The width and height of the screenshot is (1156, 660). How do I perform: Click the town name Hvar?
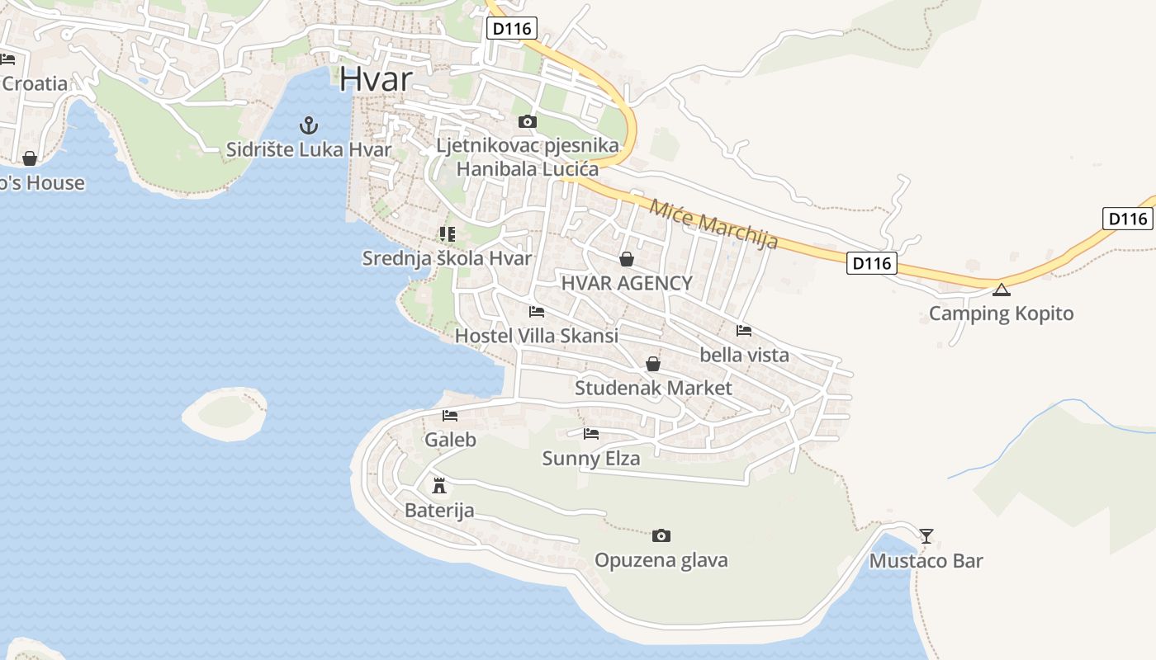(x=375, y=78)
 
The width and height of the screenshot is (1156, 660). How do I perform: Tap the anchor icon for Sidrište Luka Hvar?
(x=308, y=126)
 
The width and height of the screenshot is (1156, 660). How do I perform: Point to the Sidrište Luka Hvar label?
(x=308, y=149)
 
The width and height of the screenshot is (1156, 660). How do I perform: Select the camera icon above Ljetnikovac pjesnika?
(x=527, y=122)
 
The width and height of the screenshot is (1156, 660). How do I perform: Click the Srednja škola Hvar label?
(x=447, y=258)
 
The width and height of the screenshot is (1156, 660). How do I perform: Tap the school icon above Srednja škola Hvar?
(x=447, y=234)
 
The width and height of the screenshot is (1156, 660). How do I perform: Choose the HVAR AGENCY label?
(x=627, y=283)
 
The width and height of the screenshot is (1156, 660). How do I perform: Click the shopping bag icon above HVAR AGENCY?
(x=627, y=260)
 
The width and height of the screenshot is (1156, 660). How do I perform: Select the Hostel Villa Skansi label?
(x=537, y=336)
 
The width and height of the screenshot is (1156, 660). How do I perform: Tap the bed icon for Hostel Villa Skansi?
(x=537, y=312)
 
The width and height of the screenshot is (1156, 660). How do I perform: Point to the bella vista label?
(x=744, y=355)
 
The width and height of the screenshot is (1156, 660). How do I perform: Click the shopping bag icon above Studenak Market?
(x=653, y=364)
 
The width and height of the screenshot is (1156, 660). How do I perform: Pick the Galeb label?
(x=450, y=440)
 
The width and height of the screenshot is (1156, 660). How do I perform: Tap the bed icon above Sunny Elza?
(x=591, y=433)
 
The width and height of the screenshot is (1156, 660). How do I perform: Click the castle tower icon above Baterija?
(x=439, y=485)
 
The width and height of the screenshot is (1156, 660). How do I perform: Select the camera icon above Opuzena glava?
(x=661, y=536)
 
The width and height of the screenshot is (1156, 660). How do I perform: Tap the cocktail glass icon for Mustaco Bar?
(x=926, y=536)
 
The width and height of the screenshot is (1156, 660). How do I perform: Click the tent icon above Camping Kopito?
(x=1001, y=290)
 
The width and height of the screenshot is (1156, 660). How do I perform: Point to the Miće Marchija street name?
(x=713, y=224)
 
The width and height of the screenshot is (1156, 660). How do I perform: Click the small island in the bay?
(x=225, y=412)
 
